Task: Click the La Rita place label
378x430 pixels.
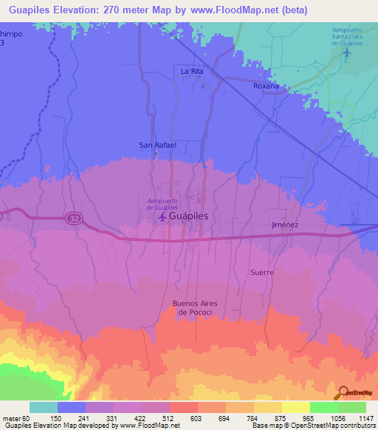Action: [x=192, y=70]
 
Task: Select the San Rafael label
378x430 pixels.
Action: [x=158, y=145]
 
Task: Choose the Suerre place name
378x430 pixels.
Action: [x=261, y=272]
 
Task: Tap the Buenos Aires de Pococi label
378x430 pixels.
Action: [x=197, y=307]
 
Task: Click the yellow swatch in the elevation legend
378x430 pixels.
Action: [x=295, y=407]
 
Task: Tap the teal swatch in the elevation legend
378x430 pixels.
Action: [x=44, y=407]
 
